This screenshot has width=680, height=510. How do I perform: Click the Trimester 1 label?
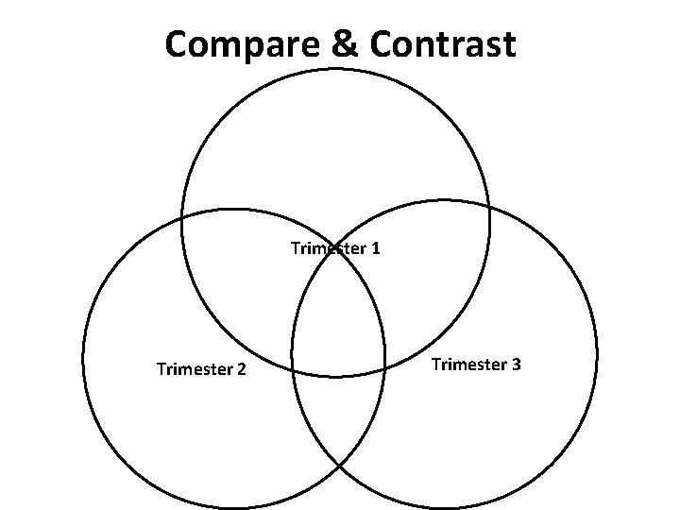pyautogui.click(x=335, y=248)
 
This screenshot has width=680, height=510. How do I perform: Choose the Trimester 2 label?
pyautogui.click(x=201, y=368)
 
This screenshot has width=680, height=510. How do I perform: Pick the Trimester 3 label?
pyautogui.click(x=476, y=364)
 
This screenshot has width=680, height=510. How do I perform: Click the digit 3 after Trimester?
pyautogui.click(x=516, y=364)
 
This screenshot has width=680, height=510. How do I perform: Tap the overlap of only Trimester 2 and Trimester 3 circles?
pyautogui.click(x=338, y=416)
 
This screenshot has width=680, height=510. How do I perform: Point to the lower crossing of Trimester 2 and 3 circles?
pyautogui.click(x=339, y=466)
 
